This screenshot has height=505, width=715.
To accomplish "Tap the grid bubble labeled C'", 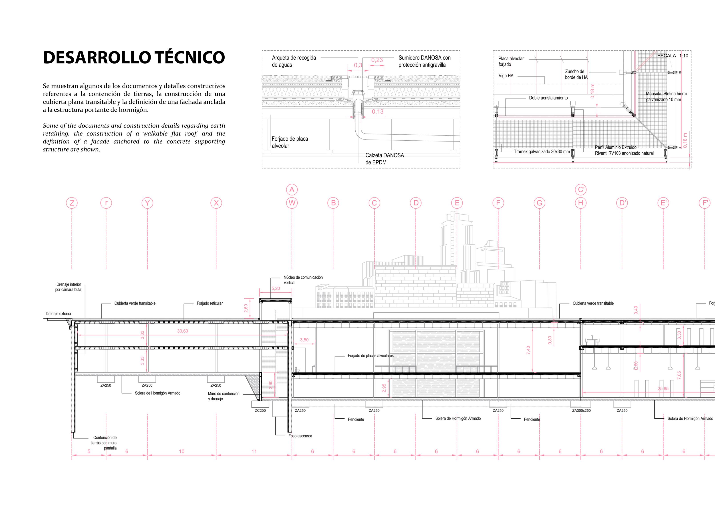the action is click(x=580, y=190).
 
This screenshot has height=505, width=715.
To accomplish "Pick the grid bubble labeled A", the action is click(x=292, y=190).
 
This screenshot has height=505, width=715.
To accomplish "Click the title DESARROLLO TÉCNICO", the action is click(x=134, y=57).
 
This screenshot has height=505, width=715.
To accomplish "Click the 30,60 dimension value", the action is click(x=183, y=331).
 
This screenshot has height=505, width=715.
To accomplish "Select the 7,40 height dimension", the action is click(x=528, y=350).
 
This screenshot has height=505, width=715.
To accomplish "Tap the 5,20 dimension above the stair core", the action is click(x=276, y=288).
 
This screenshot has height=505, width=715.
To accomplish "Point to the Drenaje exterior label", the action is click(x=58, y=314).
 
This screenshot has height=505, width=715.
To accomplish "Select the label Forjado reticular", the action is click(x=209, y=303).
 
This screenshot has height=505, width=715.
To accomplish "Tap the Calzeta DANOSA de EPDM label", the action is click(x=385, y=159).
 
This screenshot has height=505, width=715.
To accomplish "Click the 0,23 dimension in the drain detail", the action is click(x=377, y=60).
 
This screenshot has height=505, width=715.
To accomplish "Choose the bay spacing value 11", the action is click(x=254, y=451).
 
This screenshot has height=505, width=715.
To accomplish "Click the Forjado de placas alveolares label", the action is click(x=371, y=356).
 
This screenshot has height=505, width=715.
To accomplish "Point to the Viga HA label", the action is click(x=506, y=76).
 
